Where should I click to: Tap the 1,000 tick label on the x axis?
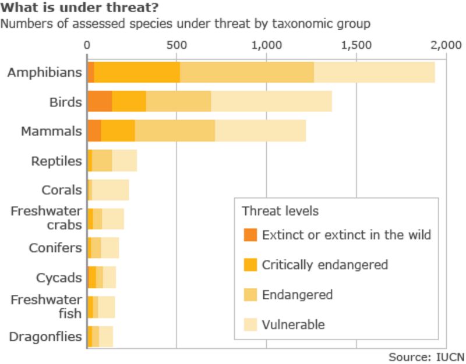(x=266, y=45)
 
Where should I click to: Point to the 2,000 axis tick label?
(x=444, y=45)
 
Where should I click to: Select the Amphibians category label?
(x=45, y=73)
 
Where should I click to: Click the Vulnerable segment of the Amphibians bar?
(x=374, y=72)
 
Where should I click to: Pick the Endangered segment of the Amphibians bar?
(x=246, y=72)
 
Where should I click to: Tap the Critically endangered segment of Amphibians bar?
(x=137, y=72)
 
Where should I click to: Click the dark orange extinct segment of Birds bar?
(x=99, y=102)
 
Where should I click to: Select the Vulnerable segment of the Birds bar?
(x=271, y=102)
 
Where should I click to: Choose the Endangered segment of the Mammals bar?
(x=175, y=131)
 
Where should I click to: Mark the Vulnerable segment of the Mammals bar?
(x=260, y=131)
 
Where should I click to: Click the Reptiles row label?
(x=57, y=160)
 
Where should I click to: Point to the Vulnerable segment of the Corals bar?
(x=111, y=190)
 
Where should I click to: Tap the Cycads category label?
(x=59, y=277)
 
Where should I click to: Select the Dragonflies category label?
(x=45, y=337)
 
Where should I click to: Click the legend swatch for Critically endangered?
(x=250, y=265)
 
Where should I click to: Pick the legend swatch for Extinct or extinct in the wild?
(x=250, y=235)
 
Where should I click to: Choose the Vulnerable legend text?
(x=293, y=324)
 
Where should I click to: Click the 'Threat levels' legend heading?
(x=280, y=210)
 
